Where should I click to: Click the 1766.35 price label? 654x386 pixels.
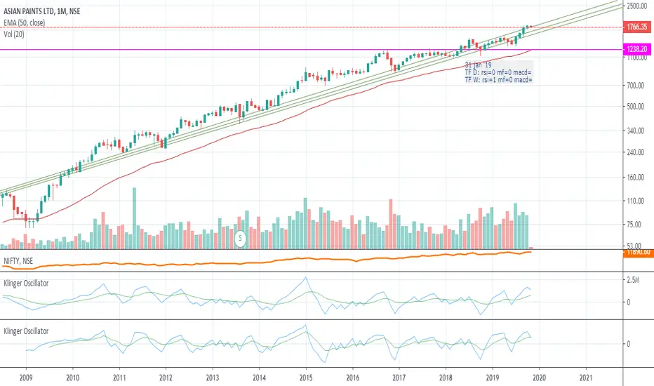click(x=636, y=27)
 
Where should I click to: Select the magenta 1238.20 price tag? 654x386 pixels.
click(x=636, y=50)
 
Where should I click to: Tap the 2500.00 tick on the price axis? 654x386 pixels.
click(x=636, y=6)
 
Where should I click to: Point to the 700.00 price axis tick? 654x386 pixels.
click(x=636, y=86)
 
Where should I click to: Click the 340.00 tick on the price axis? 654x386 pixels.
click(x=636, y=131)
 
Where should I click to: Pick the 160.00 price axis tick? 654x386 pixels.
click(x=636, y=178)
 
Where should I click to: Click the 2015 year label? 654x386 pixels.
click(x=305, y=376)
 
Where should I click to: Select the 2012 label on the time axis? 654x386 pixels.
click(x=166, y=376)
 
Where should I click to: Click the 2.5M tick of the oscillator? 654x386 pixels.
click(x=634, y=280)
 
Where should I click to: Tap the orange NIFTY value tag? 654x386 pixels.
click(x=636, y=252)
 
